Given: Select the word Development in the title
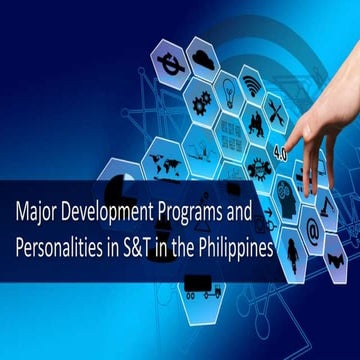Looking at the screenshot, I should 114,213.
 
